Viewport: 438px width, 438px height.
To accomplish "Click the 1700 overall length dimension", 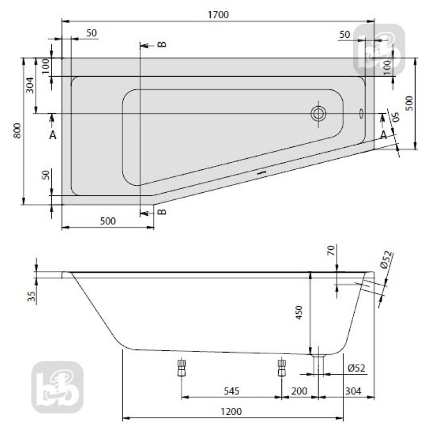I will [219, 15].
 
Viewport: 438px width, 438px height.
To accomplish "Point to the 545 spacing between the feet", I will [232, 390].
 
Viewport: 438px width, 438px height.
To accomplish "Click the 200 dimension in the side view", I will [299, 390].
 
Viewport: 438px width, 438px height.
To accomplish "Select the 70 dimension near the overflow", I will [330, 251].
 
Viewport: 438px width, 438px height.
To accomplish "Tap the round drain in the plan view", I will [318, 114].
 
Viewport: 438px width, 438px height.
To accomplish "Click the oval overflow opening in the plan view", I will [361, 114].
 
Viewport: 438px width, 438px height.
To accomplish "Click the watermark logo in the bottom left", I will [57, 387].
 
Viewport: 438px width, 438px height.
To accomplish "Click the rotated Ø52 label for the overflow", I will [387, 258].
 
